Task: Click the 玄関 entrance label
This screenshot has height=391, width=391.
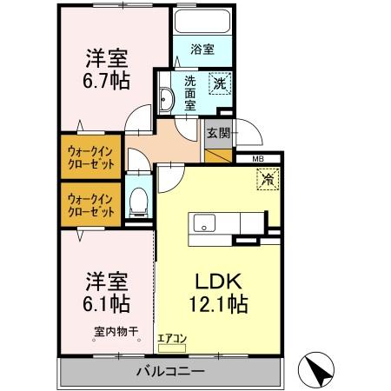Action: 216,133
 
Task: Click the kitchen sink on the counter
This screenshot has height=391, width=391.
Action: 205,222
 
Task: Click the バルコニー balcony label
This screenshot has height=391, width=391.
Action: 169,372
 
